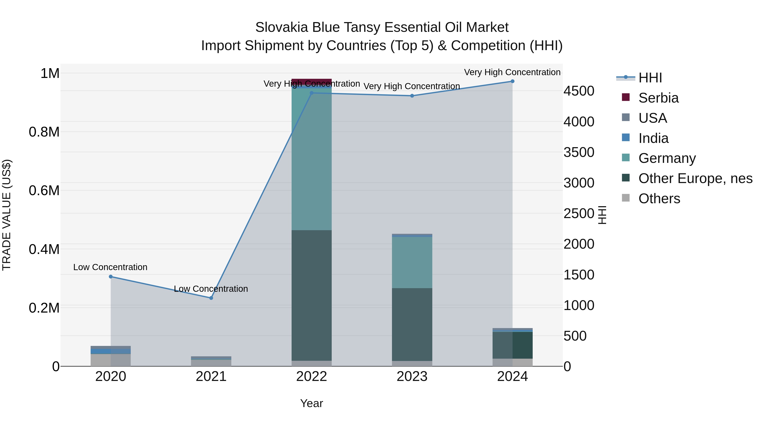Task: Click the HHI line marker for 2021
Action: click(x=211, y=298)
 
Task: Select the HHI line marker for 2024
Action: click(x=512, y=81)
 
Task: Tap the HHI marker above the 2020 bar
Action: click(x=111, y=276)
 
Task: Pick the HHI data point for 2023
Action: click(x=412, y=96)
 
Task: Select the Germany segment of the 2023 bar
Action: click(x=412, y=262)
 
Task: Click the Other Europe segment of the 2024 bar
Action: click(x=512, y=345)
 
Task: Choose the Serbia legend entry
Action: click(x=658, y=98)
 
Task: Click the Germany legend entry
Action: click(x=667, y=158)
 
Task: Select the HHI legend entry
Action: click(x=650, y=78)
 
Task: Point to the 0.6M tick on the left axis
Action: click(x=44, y=190)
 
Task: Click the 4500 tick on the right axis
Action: click(x=579, y=91)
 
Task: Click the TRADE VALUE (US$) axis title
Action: click(x=7, y=215)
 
